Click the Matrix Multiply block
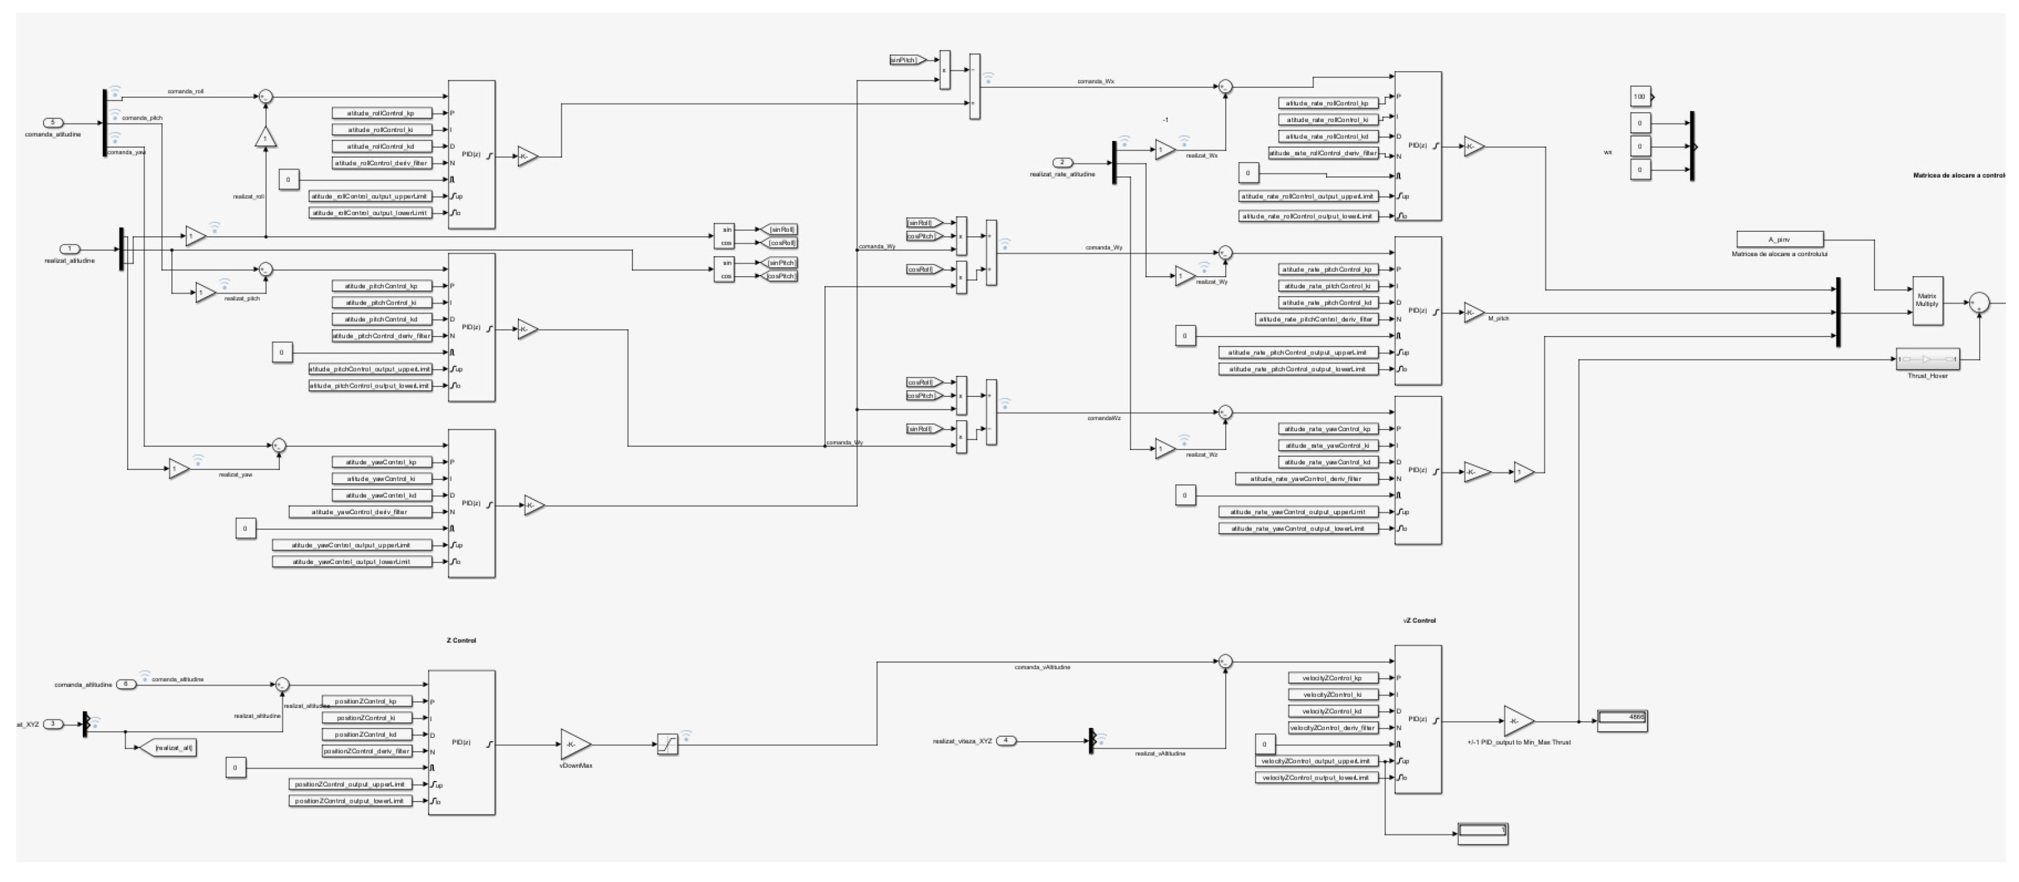click(1927, 300)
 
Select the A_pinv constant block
click(1779, 239)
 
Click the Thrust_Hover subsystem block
click(1927, 359)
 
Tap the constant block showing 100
click(1640, 97)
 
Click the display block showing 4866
click(1621, 721)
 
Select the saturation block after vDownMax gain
click(667, 745)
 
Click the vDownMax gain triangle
click(575, 745)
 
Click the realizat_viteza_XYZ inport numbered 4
click(1006, 740)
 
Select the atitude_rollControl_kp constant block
click(382, 113)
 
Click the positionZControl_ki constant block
click(366, 718)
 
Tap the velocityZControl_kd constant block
click(1332, 712)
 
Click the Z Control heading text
click(461, 641)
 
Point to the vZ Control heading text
click(1419, 620)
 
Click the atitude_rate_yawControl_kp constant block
click(1328, 429)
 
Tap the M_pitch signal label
click(1498, 319)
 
